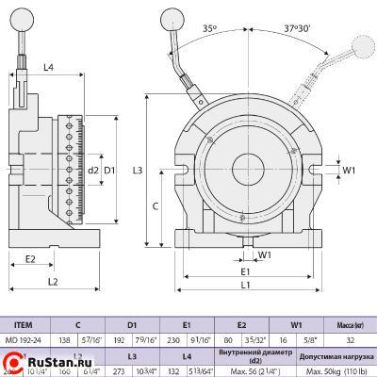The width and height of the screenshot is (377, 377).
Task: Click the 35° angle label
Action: pos(208,28)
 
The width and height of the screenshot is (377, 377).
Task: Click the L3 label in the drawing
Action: pos(139,170)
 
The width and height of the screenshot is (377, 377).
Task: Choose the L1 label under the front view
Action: pos(245,285)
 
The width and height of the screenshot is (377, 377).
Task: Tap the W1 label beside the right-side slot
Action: pos(348,171)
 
